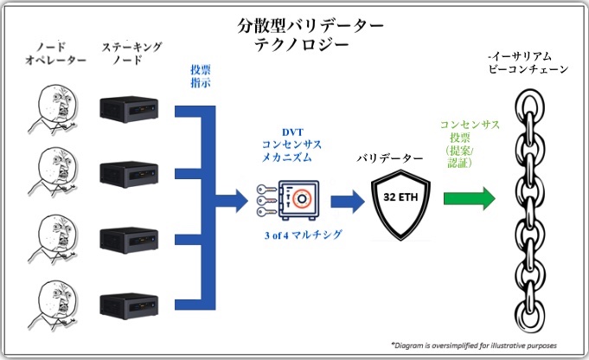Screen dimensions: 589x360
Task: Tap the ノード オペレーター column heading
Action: (55, 53)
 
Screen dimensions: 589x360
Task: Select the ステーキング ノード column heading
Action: (131, 53)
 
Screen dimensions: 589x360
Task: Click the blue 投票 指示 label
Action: (201, 76)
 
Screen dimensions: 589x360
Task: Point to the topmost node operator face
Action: (54, 108)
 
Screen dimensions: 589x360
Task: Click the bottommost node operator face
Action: (54, 305)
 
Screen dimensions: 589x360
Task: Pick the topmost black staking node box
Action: (129, 109)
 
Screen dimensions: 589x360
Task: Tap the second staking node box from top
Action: (129, 174)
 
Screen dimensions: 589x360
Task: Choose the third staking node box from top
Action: (129, 241)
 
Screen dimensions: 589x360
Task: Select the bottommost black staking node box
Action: (129, 306)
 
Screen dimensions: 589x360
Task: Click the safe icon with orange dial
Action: (298, 200)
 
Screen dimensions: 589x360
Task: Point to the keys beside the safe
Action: (266, 200)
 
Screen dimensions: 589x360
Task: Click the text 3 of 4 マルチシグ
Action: (303, 235)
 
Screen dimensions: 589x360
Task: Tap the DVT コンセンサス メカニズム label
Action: (291, 145)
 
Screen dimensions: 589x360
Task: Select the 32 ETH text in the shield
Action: (400, 197)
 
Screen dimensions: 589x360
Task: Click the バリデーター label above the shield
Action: (389, 158)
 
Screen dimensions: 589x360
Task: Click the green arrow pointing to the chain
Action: (469, 198)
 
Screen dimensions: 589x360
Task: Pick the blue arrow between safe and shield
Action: (348, 202)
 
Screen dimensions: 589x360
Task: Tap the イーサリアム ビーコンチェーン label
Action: (528, 63)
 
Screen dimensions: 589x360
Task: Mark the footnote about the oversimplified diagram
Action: (474, 345)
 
